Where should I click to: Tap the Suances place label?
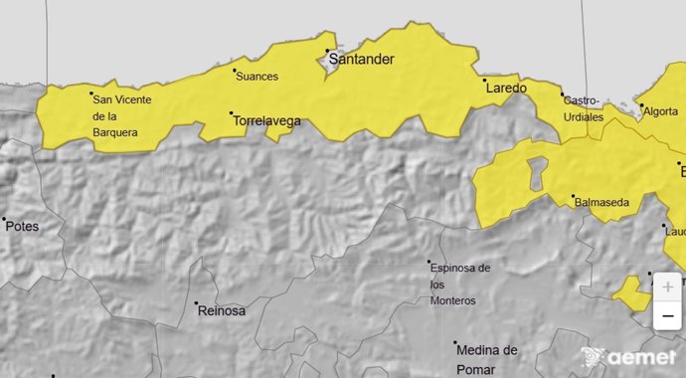(x=257, y=77)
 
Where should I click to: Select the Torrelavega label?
(x=265, y=121)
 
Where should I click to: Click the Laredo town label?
(x=506, y=88)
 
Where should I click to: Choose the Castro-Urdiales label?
(x=584, y=108)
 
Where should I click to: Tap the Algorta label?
(x=661, y=111)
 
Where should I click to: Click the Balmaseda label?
(x=601, y=203)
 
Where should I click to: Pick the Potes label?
(x=22, y=226)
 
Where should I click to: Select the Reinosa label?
(x=222, y=310)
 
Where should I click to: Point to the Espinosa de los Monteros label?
(x=458, y=283)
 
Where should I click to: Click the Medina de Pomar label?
(x=487, y=357)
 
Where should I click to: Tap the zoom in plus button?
(x=668, y=286)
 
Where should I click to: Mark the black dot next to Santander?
(x=327, y=51)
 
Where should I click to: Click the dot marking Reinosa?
(x=196, y=303)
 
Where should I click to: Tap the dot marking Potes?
(x=4, y=219)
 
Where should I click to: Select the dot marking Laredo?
(x=484, y=80)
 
